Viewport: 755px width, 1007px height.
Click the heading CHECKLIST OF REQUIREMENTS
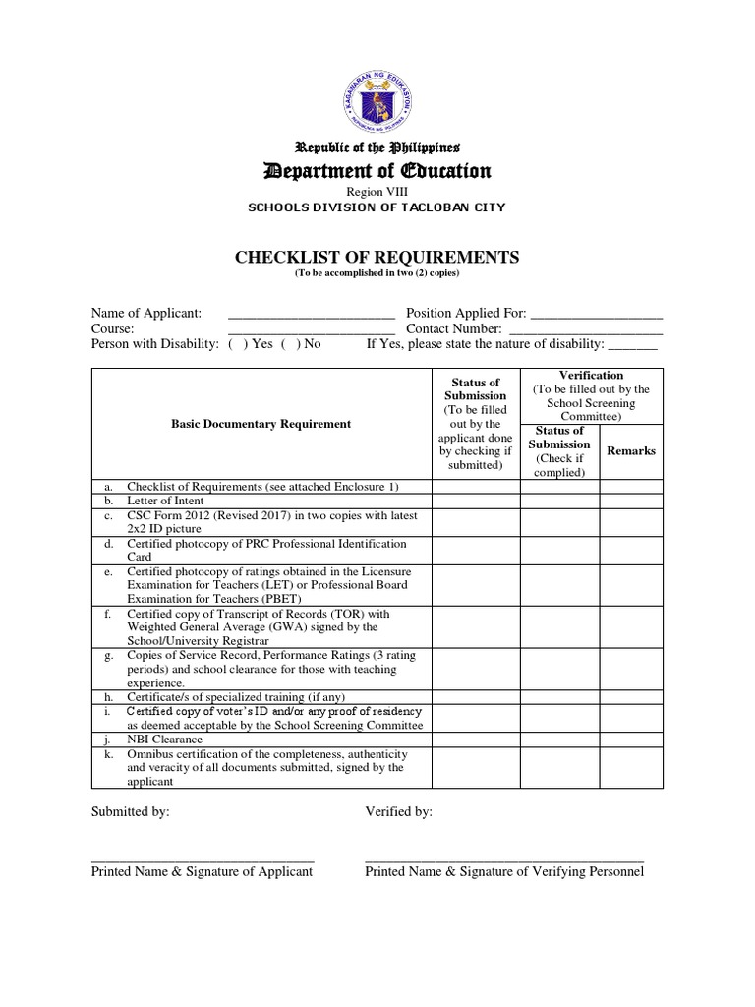pos(377,258)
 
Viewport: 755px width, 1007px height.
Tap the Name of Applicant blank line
pos(311,315)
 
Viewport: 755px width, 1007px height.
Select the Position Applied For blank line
pos(596,315)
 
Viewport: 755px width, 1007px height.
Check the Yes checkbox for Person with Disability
pos(235,345)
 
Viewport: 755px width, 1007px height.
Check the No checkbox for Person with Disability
pos(288,345)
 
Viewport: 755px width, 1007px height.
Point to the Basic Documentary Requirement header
pos(260,424)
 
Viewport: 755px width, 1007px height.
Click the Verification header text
pos(591,376)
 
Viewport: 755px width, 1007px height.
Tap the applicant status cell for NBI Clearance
pos(475,740)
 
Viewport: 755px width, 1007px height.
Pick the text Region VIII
pos(377,192)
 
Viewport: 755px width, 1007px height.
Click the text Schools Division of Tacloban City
pos(377,207)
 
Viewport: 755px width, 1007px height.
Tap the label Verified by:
pos(398,811)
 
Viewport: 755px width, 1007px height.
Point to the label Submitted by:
pos(130,811)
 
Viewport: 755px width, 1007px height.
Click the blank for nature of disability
pos(633,346)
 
